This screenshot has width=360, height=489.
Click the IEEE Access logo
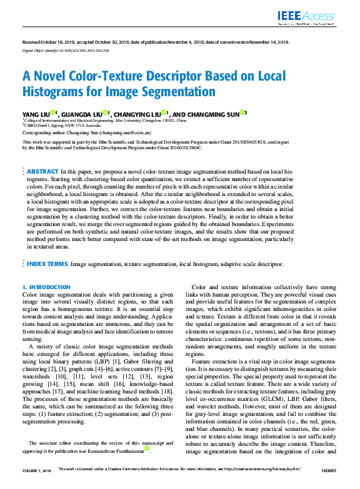(x=304, y=16)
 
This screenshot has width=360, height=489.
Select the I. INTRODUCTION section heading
(x=46, y=287)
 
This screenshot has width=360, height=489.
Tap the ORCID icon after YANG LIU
(x=53, y=113)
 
